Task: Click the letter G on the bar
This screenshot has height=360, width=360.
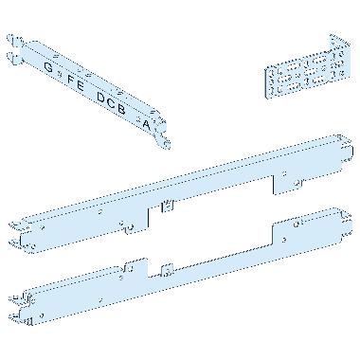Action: pyautogui.click(x=49, y=66)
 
